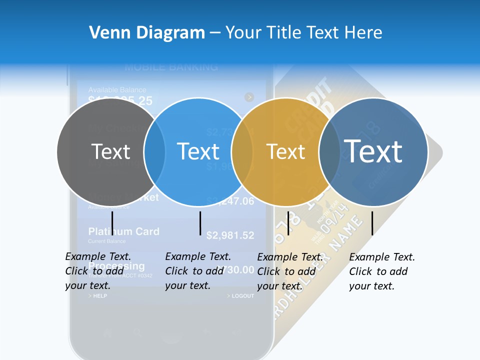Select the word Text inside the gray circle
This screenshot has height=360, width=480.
(x=110, y=151)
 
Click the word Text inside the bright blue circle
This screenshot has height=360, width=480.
(x=198, y=151)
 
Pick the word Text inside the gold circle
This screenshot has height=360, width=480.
(x=285, y=151)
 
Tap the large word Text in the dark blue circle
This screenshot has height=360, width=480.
(x=373, y=151)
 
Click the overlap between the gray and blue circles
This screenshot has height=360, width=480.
(x=154, y=151)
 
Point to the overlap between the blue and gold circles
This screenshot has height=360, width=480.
(x=242, y=151)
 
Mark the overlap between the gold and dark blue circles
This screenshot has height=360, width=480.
(x=329, y=151)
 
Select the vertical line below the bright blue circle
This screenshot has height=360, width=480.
(x=200, y=223)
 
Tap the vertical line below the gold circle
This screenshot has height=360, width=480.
(x=288, y=223)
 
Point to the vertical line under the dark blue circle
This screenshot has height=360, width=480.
(x=372, y=223)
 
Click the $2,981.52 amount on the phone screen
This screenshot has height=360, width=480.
(x=230, y=235)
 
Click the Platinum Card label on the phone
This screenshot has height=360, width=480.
(x=123, y=231)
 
